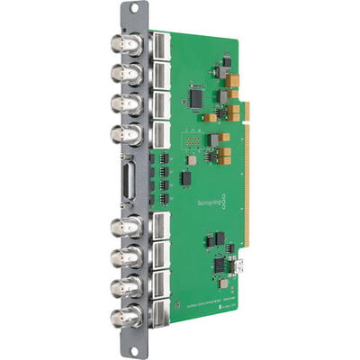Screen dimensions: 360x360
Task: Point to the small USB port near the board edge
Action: [241, 266]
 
